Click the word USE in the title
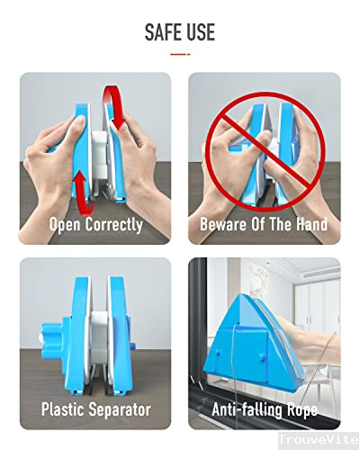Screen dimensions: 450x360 [199, 32]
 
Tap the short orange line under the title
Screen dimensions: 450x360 [180, 53]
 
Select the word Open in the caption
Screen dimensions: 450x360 [65, 224]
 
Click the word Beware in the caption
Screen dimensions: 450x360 [224, 224]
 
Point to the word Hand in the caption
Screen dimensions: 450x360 [308, 224]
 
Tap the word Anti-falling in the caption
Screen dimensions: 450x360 [248, 409]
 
